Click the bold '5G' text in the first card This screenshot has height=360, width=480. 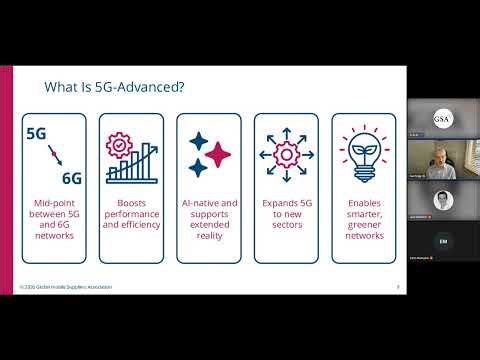pyautogui.click(x=37, y=132)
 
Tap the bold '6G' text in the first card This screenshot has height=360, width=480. pyautogui.click(x=71, y=179)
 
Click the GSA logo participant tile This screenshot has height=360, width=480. pyautogui.click(x=441, y=118)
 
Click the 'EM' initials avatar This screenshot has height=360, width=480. pyautogui.click(x=442, y=242)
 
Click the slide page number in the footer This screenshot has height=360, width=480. pyautogui.click(x=398, y=287)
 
